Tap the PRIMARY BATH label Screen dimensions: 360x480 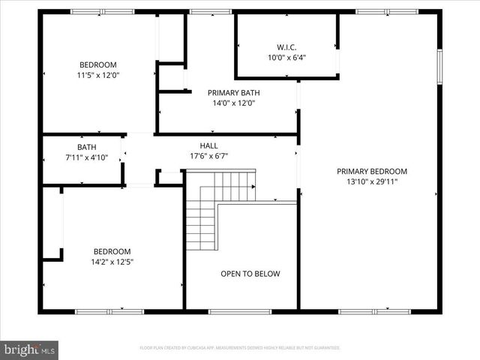pyautogui.click(x=233, y=93)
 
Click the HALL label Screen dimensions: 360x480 pyautogui.click(x=208, y=145)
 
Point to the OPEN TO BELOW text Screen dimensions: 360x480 pyautogui.click(x=250, y=274)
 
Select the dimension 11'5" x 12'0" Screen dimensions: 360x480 pyautogui.click(x=98, y=75)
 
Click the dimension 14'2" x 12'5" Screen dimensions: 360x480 pyautogui.click(x=112, y=262)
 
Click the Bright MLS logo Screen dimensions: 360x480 pyautogui.click(x=30, y=349)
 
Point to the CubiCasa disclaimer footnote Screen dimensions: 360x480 pyautogui.click(x=240, y=348)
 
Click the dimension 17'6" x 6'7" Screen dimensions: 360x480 pyautogui.click(x=208, y=156)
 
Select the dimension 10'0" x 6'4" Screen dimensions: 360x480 pyautogui.click(x=286, y=56)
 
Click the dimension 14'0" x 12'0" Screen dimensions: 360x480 pyautogui.click(x=233, y=103)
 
